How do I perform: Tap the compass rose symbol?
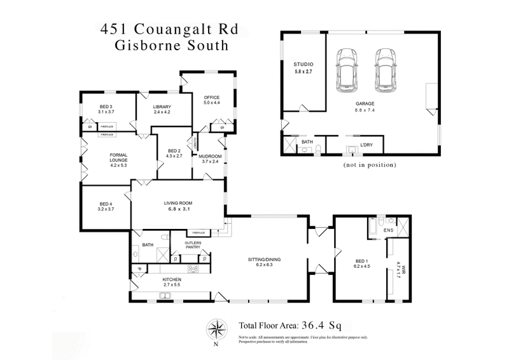click(216, 329)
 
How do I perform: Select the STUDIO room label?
click(303, 65)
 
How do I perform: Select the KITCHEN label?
click(172, 280)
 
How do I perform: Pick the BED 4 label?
click(106, 204)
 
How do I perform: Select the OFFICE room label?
click(211, 97)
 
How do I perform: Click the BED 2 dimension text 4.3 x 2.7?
click(174, 156)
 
